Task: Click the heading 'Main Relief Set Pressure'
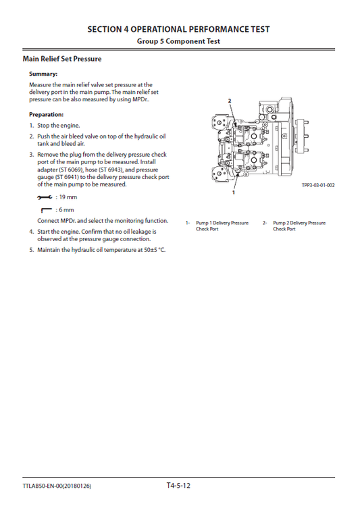(x=61, y=59)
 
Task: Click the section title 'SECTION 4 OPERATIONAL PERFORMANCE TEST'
(x=179, y=29)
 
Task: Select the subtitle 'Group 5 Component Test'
(x=179, y=41)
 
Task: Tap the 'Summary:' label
(x=43, y=74)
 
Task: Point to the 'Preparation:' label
(x=47, y=114)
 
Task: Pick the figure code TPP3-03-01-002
(x=318, y=185)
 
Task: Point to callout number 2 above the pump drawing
(x=230, y=100)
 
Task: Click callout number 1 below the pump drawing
(x=233, y=193)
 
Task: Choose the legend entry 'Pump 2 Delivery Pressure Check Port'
(x=299, y=226)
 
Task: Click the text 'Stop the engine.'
(x=59, y=126)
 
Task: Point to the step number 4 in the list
(x=31, y=231)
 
